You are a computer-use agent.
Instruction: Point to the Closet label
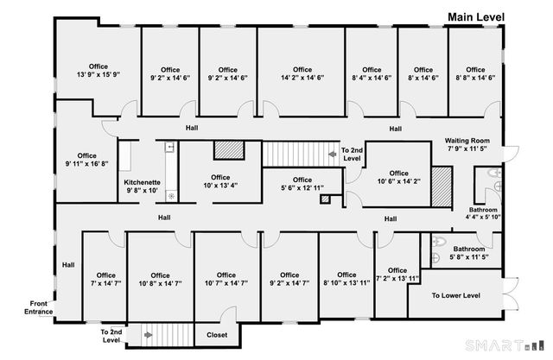[x=216, y=335]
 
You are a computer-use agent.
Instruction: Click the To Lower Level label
[x=455, y=296]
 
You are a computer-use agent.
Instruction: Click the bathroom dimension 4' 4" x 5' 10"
[x=483, y=217]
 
